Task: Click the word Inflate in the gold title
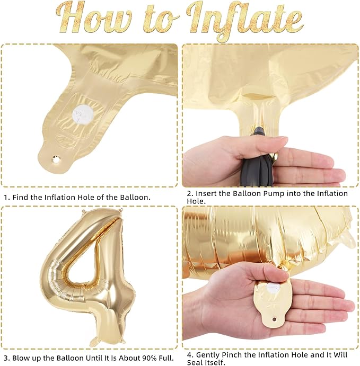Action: click(x=245, y=21)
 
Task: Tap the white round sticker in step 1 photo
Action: click(x=83, y=114)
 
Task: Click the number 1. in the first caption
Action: click(x=7, y=197)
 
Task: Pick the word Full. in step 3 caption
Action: click(x=165, y=358)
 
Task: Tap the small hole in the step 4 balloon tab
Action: click(x=274, y=319)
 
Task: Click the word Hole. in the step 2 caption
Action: click(x=196, y=201)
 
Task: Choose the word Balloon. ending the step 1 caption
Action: click(x=135, y=197)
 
